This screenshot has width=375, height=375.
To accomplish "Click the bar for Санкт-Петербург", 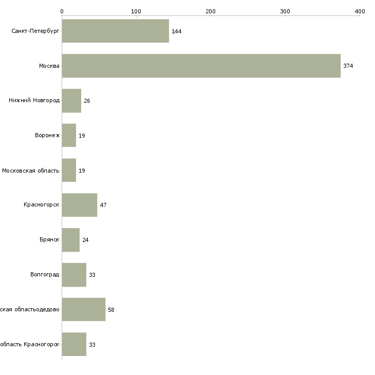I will click(x=116, y=31).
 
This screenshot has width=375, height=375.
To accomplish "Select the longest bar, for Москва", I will click(x=201, y=66).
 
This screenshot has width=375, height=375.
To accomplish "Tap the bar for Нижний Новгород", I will click(x=71, y=101).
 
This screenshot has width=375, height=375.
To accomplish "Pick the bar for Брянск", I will click(x=71, y=240).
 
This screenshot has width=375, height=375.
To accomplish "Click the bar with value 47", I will click(x=79, y=205).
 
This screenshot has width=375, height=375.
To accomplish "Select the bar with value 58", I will click(x=83, y=309).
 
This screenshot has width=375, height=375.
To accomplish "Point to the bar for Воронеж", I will click(x=69, y=135).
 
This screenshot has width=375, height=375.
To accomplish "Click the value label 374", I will click(x=348, y=66).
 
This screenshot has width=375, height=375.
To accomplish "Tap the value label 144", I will click(x=177, y=31).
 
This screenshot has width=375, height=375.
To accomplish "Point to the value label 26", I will click(x=87, y=101).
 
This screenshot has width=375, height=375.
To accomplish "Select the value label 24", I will click(x=85, y=240).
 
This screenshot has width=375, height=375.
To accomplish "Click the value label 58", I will click(x=111, y=310).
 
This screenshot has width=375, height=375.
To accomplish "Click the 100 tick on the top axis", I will click(x=136, y=11).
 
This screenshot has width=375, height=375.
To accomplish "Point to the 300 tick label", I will click(x=285, y=11).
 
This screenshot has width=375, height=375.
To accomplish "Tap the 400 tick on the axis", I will click(x=360, y=11).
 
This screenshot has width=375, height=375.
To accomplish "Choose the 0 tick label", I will click(x=62, y=11).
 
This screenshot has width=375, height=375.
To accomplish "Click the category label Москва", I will click(x=49, y=66).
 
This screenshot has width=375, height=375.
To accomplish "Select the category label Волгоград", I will click(x=45, y=275).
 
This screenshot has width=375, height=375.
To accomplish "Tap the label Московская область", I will click(x=31, y=170).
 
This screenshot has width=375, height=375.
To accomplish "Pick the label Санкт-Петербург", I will click(x=35, y=31).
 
